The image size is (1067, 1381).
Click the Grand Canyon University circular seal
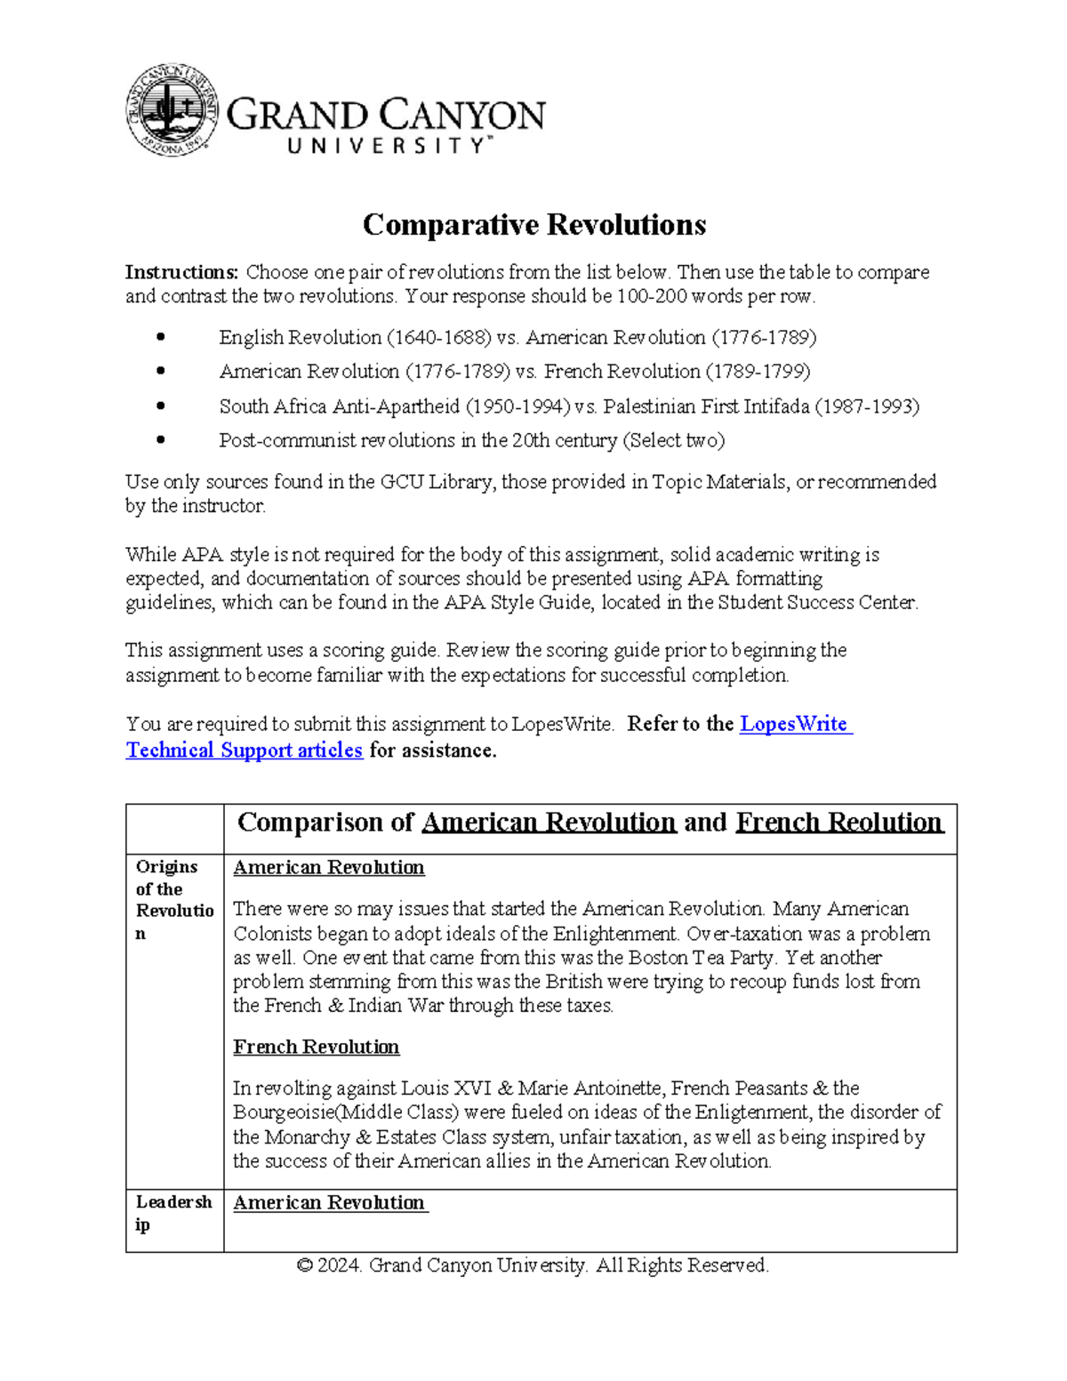pos(172,111)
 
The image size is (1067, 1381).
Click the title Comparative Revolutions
pos(533,225)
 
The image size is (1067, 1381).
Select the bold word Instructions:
pos(181,272)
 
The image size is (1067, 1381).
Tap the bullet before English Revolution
pos(161,338)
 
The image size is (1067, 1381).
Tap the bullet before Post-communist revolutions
pos(161,440)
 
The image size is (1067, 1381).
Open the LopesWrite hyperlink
pos(795,724)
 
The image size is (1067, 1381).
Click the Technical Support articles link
pos(244,751)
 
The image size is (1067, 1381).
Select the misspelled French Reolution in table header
pos(838,823)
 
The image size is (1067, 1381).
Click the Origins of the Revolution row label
pos(174,900)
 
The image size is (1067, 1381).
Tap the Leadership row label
pos(173,1213)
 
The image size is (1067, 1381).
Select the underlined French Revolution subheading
pos(316,1047)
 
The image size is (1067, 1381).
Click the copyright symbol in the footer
pos(304,1265)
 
